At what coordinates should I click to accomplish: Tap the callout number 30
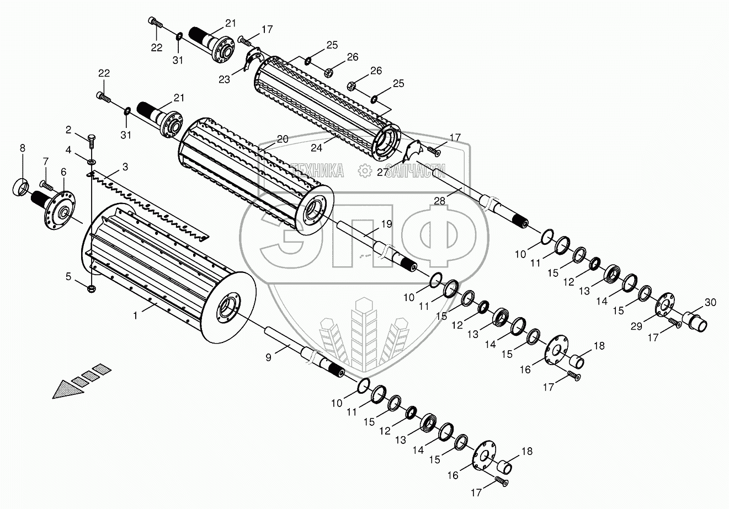(710, 302)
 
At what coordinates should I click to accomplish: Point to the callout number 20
(283, 140)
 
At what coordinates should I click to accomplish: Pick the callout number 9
(268, 357)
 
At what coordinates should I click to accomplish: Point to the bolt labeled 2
(92, 139)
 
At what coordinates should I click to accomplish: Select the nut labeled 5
(91, 287)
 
